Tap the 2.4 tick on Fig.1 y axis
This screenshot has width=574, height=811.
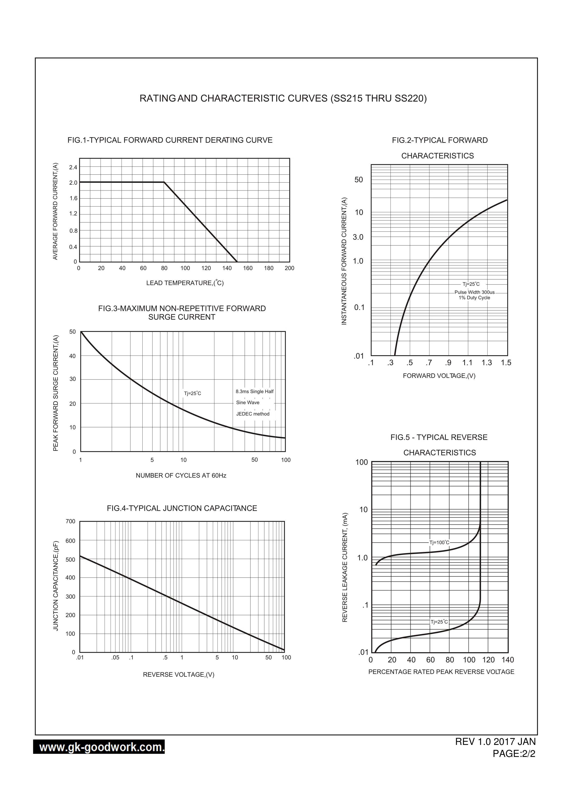point(73,167)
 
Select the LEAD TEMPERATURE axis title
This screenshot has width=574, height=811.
point(185,283)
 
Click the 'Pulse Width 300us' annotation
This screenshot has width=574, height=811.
point(474,292)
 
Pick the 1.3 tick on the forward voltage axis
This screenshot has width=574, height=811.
point(487,363)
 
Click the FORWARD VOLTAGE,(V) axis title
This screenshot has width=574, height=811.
point(439,376)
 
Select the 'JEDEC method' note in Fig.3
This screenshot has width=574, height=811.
point(253,414)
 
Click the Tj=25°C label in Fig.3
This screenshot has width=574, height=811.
point(192,393)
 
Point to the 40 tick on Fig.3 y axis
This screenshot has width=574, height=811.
point(73,356)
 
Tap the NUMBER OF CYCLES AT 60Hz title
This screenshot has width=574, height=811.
point(181,475)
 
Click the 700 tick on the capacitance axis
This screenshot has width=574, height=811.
point(70,521)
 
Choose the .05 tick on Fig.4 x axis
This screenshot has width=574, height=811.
point(115,658)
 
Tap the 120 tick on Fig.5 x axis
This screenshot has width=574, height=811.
point(489,660)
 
